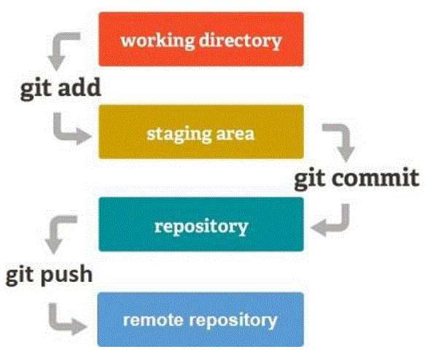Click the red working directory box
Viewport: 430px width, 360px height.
[x=201, y=39]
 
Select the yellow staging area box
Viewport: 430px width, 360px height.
[x=201, y=132]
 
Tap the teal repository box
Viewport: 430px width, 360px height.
[x=201, y=224]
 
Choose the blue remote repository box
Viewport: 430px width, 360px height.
[x=200, y=319]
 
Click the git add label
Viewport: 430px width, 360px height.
[x=60, y=88]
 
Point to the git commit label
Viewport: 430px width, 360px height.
[x=357, y=179]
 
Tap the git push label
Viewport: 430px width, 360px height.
[x=49, y=275]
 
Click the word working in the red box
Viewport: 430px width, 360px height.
[x=157, y=41]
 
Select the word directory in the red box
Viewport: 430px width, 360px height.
[x=241, y=41]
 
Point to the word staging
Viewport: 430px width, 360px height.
[x=179, y=134]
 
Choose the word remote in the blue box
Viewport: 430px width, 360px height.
[x=153, y=320]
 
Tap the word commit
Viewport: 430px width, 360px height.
[x=375, y=179]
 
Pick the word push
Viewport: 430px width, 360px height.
[x=66, y=275]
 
